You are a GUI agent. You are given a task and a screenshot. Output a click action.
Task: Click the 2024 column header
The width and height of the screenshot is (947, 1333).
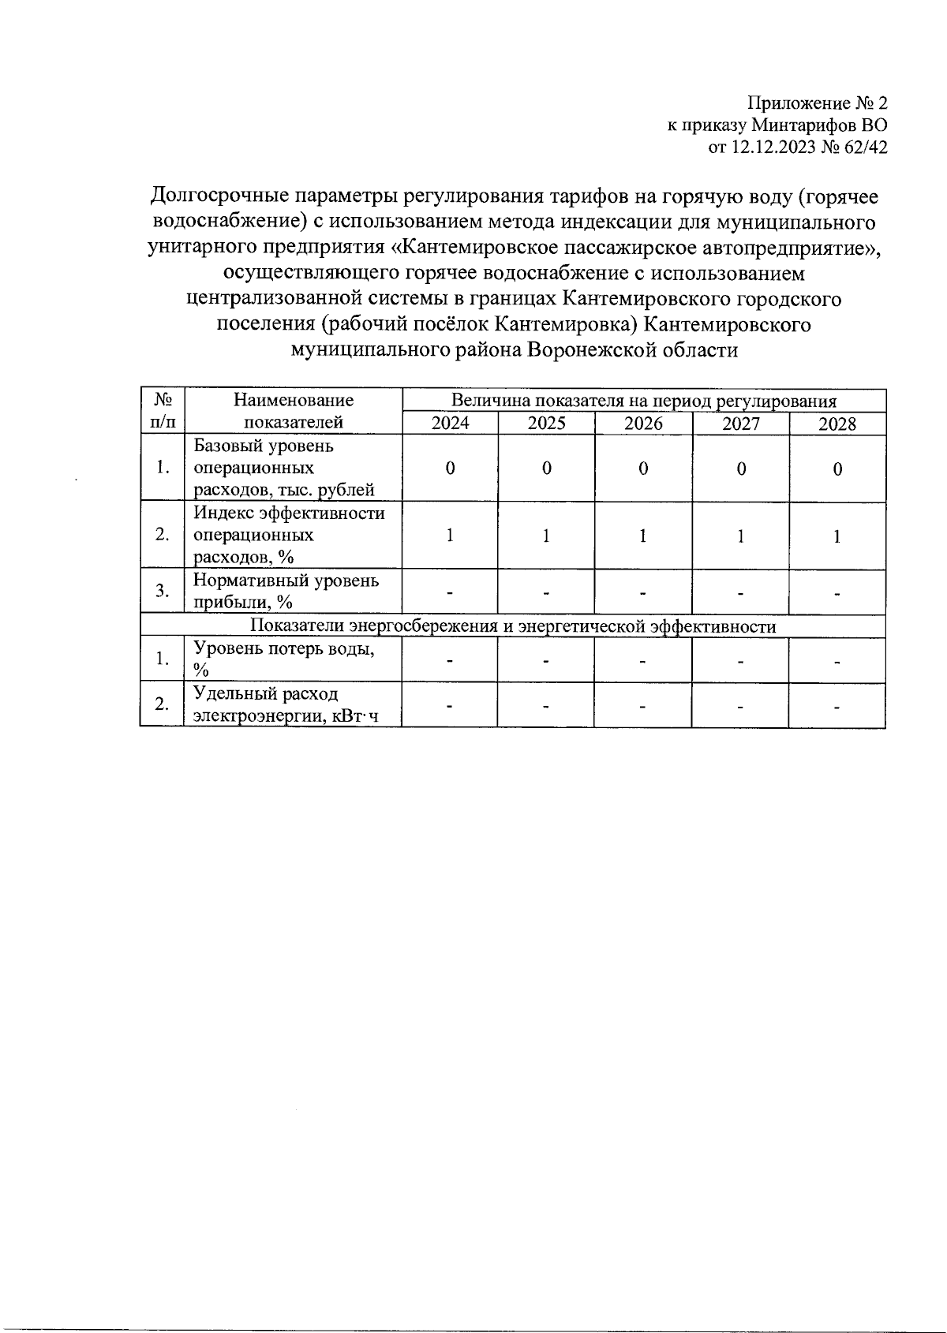click(x=450, y=424)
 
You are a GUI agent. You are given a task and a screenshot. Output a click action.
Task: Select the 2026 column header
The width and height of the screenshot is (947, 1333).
click(x=643, y=424)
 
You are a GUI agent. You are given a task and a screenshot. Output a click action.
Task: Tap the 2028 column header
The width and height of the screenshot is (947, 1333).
click(x=837, y=424)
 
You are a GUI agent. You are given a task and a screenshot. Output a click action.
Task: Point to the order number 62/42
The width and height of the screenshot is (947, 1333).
click(x=865, y=146)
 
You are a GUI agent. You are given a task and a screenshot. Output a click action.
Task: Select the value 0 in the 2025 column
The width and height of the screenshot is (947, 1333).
click(x=546, y=469)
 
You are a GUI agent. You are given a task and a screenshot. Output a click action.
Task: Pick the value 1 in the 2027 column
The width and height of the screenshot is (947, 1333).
click(x=740, y=536)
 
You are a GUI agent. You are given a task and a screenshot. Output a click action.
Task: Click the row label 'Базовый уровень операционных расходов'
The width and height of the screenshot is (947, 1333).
click(x=284, y=468)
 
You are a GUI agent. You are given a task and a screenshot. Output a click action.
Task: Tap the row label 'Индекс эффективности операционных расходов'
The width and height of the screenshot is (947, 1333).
click(x=289, y=535)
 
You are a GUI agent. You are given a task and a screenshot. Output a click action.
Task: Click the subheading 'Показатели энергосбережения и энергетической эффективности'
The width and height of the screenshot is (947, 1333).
click(x=513, y=626)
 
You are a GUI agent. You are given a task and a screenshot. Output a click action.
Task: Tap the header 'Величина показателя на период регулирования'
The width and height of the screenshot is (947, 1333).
click(x=644, y=401)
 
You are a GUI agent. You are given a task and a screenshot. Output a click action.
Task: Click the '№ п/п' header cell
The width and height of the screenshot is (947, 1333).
click(x=163, y=411)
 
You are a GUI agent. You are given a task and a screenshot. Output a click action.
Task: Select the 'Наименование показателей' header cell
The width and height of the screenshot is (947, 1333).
click(x=294, y=411)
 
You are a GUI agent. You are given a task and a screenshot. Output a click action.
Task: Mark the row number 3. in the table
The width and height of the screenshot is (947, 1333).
click(x=163, y=591)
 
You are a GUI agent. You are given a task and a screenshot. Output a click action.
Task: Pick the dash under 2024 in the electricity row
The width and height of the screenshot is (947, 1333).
click(x=450, y=705)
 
